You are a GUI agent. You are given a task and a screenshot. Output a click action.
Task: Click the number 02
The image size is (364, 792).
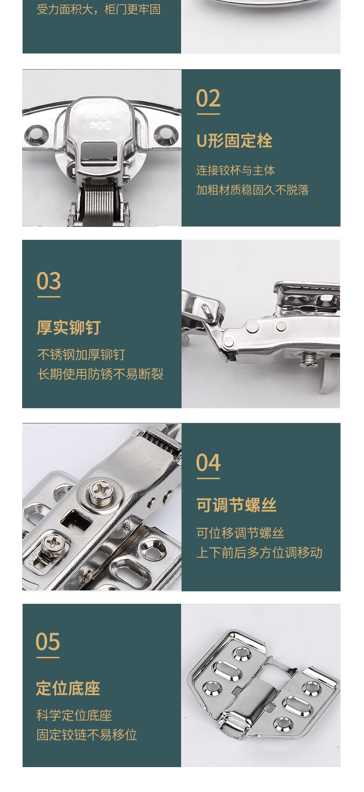click(208, 99)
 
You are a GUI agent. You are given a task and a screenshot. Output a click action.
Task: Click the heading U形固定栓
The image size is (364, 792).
click(234, 141)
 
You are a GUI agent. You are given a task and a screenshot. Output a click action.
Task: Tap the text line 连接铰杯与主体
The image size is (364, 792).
click(235, 170)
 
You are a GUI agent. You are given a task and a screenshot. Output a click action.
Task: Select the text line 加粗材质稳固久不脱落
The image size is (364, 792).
click(252, 190)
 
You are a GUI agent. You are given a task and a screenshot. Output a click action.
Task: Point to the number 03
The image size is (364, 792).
click(48, 281)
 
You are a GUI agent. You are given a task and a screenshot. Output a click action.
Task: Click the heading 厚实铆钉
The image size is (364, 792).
click(69, 328)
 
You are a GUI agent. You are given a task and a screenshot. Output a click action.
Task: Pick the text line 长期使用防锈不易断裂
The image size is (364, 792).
click(100, 374)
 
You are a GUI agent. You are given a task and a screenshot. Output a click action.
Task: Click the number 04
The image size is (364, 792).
click(208, 463)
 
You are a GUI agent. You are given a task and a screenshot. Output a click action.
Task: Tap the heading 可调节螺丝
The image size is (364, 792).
click(236, 505)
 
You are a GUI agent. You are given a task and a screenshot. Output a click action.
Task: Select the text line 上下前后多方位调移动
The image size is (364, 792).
click(259, 552)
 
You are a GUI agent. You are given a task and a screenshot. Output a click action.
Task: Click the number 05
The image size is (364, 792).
click(48, 642)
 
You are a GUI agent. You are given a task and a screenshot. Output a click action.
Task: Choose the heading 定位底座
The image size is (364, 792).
click(68, 688)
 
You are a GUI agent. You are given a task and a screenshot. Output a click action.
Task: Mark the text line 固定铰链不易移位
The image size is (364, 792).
click(87, 734)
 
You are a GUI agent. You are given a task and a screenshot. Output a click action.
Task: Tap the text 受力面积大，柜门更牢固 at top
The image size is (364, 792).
click(99, 9)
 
